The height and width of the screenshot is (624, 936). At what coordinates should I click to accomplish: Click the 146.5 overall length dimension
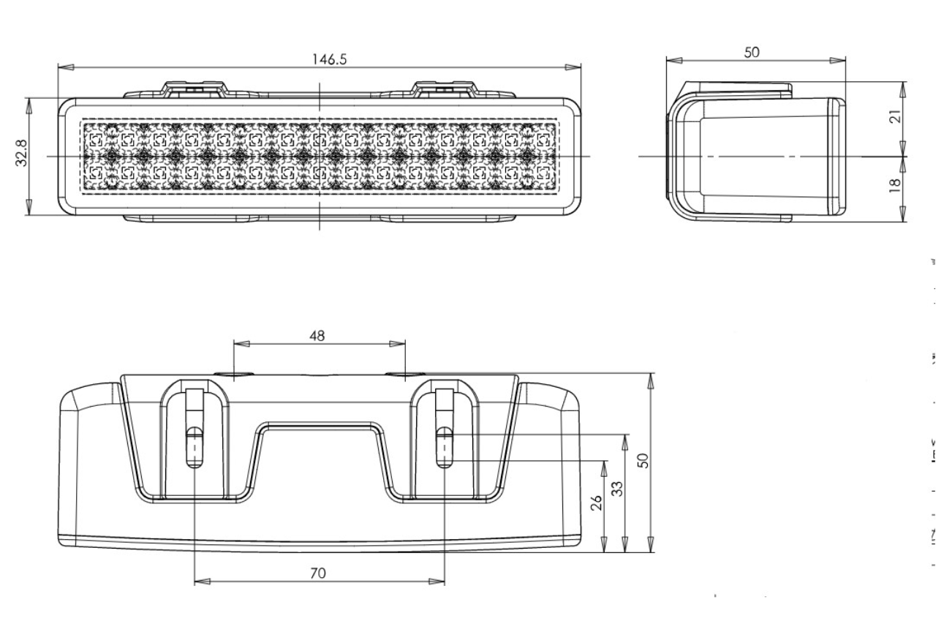coord(329,59)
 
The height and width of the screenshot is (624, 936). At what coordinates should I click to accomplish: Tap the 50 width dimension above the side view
coord(752,52)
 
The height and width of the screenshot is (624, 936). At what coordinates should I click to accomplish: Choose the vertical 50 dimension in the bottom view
coord(641,460)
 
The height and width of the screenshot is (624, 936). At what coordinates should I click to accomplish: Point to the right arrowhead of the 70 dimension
coord(437,582)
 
